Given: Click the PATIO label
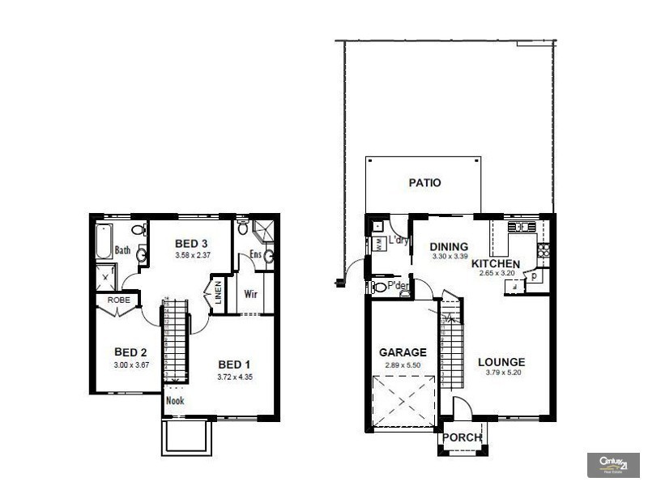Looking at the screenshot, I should tap(424, 183).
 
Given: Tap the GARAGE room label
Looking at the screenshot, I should tap(403, 353).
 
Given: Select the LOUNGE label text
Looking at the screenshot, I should tap(501, 362).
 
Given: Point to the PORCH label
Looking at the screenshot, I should tap(462, 437).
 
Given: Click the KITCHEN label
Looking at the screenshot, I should tap(496, 264).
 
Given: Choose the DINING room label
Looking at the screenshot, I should tap(449, 248).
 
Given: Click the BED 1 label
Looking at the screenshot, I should tap(234, 363).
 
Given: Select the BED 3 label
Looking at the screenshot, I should tap(191, 244).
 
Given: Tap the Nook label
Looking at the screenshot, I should tap(174, 400).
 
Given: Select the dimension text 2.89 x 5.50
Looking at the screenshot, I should tap(403, 366).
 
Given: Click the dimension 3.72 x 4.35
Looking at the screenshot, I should tap(234, 377).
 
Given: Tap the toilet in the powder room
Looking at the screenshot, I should tap(379, 287).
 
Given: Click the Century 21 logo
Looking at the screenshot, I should tap(612, 463).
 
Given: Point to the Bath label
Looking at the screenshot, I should tap(122, 251).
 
